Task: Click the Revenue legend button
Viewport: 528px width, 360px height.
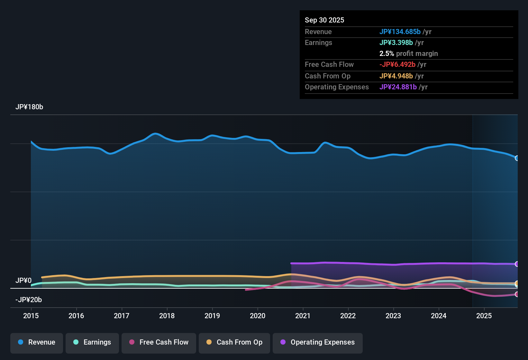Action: coord(36,343)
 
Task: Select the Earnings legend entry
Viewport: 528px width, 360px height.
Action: coord(92,343)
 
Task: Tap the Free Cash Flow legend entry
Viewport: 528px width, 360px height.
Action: coord(159,343)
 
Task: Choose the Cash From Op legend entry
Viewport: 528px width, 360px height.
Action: coord(234,343)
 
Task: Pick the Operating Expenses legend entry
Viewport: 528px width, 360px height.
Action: coord(317,343)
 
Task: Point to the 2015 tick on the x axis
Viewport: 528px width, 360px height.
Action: coord(31,316)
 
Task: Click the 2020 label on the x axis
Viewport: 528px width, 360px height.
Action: coord(258,316)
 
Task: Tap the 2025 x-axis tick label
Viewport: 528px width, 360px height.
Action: coord(484,316)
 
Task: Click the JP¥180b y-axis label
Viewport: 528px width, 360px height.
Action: coord(29,107)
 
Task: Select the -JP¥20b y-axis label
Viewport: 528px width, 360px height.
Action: coord(29,300)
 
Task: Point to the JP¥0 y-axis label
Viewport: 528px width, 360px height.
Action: coord(23,281)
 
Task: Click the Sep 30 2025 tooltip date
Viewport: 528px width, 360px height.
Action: coord(324,20)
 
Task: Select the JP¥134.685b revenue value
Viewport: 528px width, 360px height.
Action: coord(400,32)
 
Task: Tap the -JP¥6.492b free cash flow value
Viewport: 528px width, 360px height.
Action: coord(397,64)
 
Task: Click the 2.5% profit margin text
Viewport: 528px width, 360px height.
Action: coord(408,54)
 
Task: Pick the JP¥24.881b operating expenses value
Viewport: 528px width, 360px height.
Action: coord(398,87)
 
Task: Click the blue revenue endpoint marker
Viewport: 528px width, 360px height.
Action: coord(517,158)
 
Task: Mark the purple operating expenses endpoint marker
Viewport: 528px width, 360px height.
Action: coord(517,264)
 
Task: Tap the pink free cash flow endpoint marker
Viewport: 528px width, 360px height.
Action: coord(517,294)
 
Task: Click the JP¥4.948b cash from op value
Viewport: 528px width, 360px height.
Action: coord(396,76)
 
